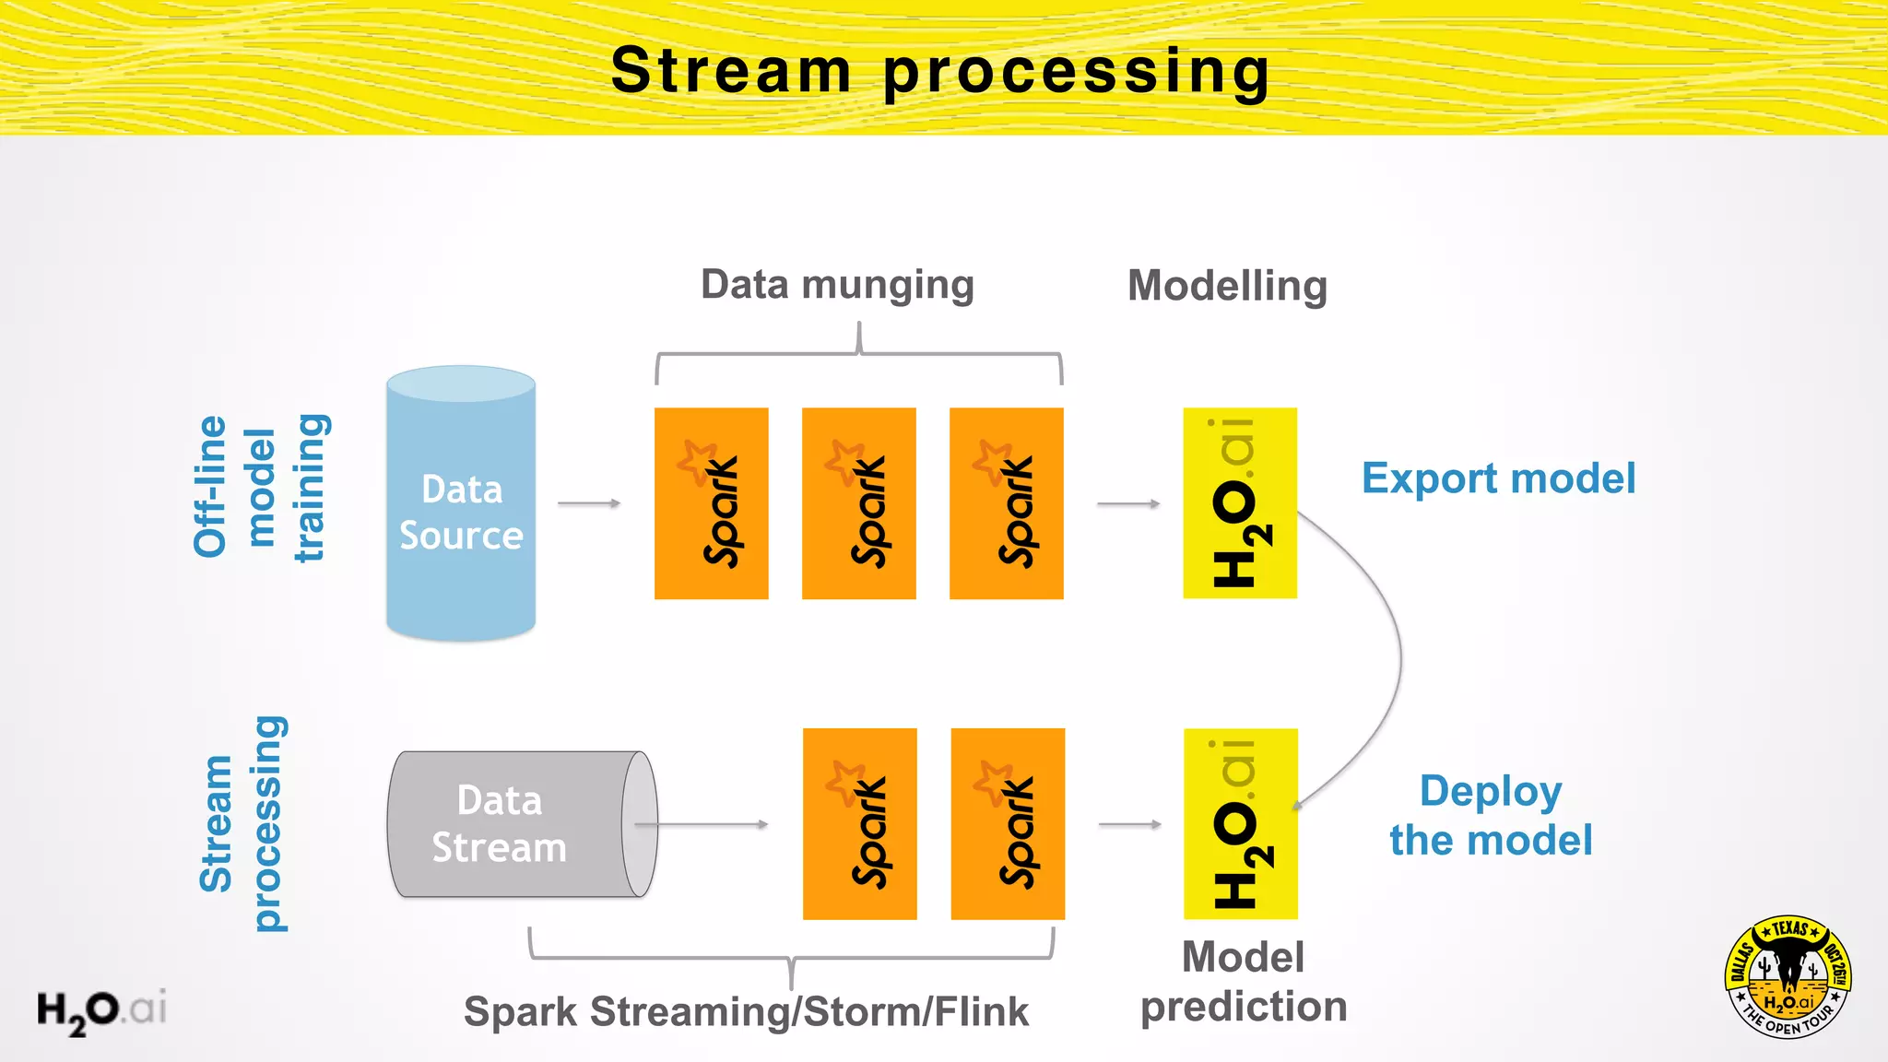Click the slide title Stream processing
point(940,71)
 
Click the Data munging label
point(837,285)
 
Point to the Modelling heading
point(1227,286)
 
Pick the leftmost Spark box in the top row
point(711,503)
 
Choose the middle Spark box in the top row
point(858,503)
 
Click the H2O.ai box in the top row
point(1240,503)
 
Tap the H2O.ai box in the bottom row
point(1240,824)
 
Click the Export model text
point(1498,478)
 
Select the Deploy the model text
point(1491,816)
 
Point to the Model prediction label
point(1243,982)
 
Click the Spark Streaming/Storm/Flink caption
point(745,1011)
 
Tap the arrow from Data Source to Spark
point(589,503)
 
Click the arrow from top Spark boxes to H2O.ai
point(1128,504)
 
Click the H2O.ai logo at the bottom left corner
point(101,1010)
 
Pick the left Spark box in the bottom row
point(859,824)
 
